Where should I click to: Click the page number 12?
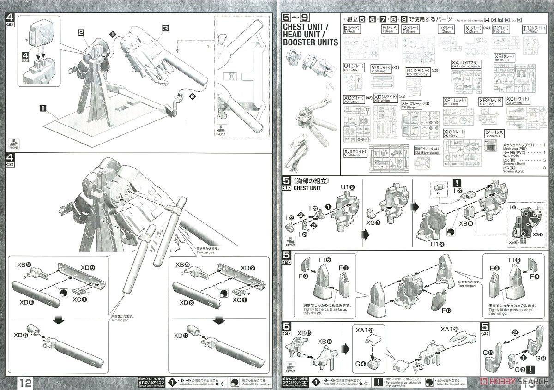(26, 382)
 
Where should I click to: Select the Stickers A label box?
(494, 133)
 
